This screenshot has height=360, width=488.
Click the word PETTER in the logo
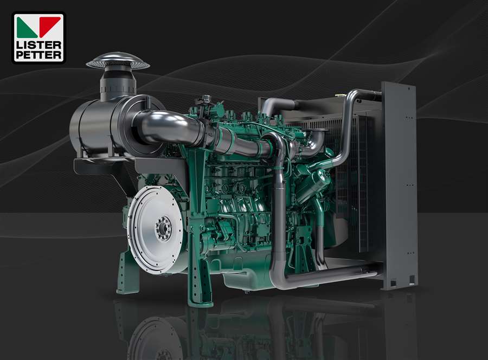coord(38,55)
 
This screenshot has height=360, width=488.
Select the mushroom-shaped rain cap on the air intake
coord(117,61)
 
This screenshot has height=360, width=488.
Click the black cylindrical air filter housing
coord(100,130)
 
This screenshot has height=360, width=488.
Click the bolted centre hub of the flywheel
coord(163,228)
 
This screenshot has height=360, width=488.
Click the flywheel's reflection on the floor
coord(155,333)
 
